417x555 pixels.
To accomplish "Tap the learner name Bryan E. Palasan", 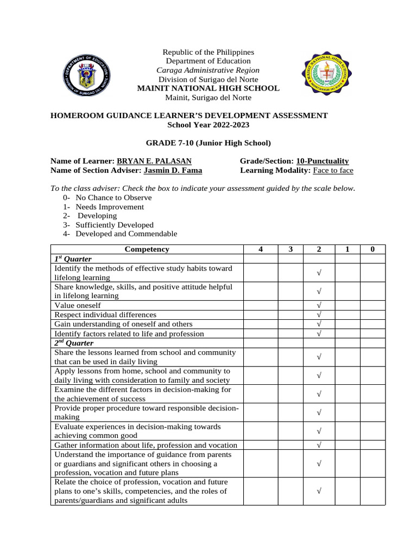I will [x=154, y=161].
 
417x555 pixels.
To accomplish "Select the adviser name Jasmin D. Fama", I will [x=173, y=170].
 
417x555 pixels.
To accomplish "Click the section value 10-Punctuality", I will [x=323, y=161].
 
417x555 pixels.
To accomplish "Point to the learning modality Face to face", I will [x=332, y=170].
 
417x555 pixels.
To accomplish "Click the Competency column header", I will [x=147, y=249].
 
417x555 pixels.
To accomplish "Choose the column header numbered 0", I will [x=372, y=249].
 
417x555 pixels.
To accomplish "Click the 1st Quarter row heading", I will [x=73, y=259].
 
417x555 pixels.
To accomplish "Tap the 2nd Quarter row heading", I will [x=74, y=343].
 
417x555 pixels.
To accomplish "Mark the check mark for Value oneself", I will [x=319, y=306].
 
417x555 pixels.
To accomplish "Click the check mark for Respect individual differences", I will [x=319, y=315].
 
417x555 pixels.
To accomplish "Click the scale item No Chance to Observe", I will [x=113, y=197].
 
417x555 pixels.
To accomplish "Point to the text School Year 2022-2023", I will [x=208, y=125].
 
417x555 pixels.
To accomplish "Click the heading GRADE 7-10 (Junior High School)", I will [x=208, y=143].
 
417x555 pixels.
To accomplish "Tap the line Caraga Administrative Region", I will [x=208, y=70].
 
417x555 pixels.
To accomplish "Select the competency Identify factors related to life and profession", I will [x=129, y=334].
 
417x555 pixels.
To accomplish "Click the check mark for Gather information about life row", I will [x=319, y=445].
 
